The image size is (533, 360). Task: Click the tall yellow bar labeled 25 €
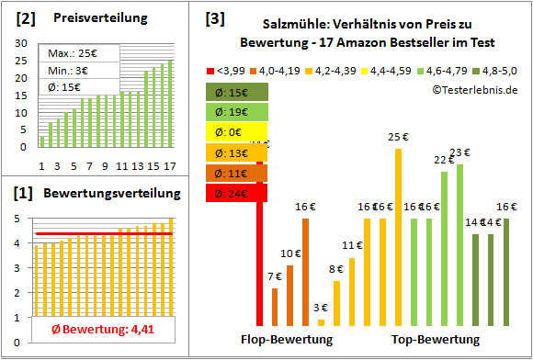pyautogui.click(x=398, y=237)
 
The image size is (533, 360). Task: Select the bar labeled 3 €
pyautogui.click(x=321, y=321)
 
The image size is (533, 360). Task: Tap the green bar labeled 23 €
pyautogui.click(x=459, y=244)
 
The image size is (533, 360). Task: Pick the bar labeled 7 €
pyautogui.click(x=275, y=307)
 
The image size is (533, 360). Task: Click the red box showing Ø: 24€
pyautogui.click(x=237, y=193)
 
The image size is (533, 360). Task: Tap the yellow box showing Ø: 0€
pyautogui.click(x=237, y=132)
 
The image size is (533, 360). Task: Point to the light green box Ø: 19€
pyautogui.click(x=237, y=112)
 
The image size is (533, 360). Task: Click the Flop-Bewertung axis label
pyautogui.click(x=286, y=340)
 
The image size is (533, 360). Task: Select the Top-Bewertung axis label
pyautogui.click(x=435, y=340)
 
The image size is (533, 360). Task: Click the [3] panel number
pyautogui.click(x=214, y=18)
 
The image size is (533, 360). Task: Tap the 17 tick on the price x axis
pyautogui.click(x=169, y=165)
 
